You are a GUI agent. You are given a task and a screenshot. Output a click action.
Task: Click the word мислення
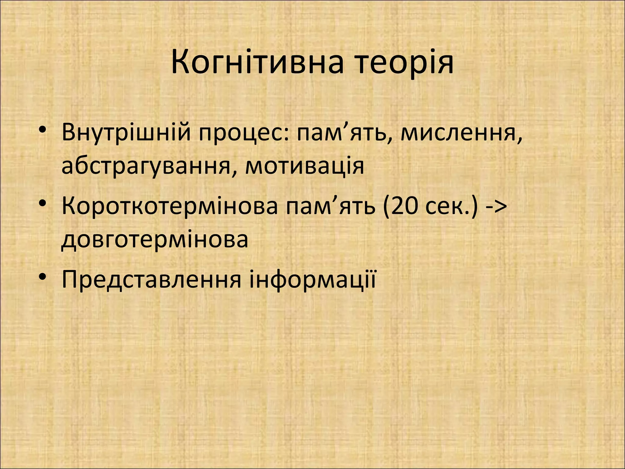tap(457, 133)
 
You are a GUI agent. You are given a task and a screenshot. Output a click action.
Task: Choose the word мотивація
tap(305, 166)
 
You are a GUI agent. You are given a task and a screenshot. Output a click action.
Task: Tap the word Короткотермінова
tap(170, 206)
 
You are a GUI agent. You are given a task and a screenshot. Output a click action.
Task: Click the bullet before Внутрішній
tap(43, 130)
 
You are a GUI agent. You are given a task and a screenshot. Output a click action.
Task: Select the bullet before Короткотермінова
tap(43, 203)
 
